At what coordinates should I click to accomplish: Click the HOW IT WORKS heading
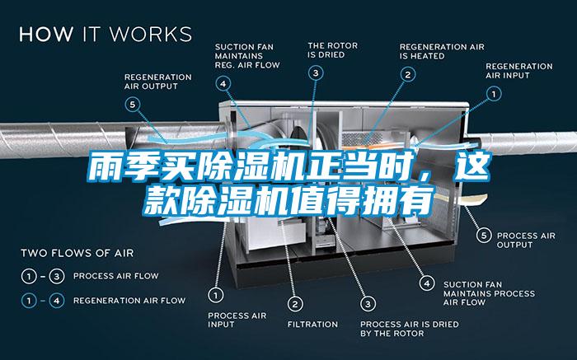tap(106, 34)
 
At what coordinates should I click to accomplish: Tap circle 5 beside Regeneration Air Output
tap(133, 105)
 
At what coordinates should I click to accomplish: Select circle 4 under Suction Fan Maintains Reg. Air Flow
tap(223, 84)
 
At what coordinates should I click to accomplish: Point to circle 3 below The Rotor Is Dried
tap(316, 73)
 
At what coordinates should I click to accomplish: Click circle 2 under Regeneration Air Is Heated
tap(408, 75)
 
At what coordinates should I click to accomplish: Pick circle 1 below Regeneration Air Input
tap(494, 94)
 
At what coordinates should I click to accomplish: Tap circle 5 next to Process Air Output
tap(484, 236)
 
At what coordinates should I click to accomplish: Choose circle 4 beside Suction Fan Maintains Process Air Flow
tap(427, 283)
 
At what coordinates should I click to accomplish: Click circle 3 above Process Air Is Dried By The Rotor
tap(368, 304)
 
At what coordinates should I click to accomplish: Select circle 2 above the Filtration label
tap(295, 304)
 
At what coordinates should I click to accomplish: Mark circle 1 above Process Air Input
tap(216, 295)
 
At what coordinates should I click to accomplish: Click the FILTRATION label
tap(312, 325)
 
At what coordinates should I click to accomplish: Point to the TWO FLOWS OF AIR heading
tap(77, 253)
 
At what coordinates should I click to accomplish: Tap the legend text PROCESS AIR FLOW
tap(116, 276)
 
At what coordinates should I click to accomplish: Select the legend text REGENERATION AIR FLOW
tap(129, 301)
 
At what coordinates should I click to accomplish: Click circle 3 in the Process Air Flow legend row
tap(57, 276)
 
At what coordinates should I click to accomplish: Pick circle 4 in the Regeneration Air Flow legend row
tap(57, 301)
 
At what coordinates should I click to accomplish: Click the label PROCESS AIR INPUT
tap(237, 320)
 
